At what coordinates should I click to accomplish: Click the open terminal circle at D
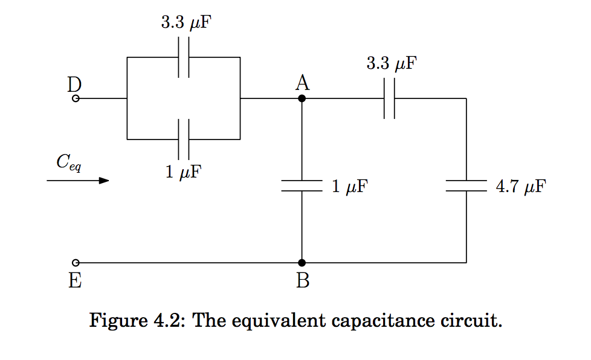pos(76,98)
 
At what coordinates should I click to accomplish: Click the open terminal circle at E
pos(76,263)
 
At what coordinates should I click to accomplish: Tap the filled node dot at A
pos(302,98)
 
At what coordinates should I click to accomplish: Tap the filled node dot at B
pos(302,263)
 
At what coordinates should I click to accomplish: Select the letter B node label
pos(303,281)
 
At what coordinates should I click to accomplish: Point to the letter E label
pos(76,281)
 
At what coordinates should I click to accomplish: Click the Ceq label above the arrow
pos(69,162)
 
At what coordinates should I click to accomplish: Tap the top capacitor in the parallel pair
pos(185,57)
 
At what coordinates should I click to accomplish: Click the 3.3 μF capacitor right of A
pos(389,98)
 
